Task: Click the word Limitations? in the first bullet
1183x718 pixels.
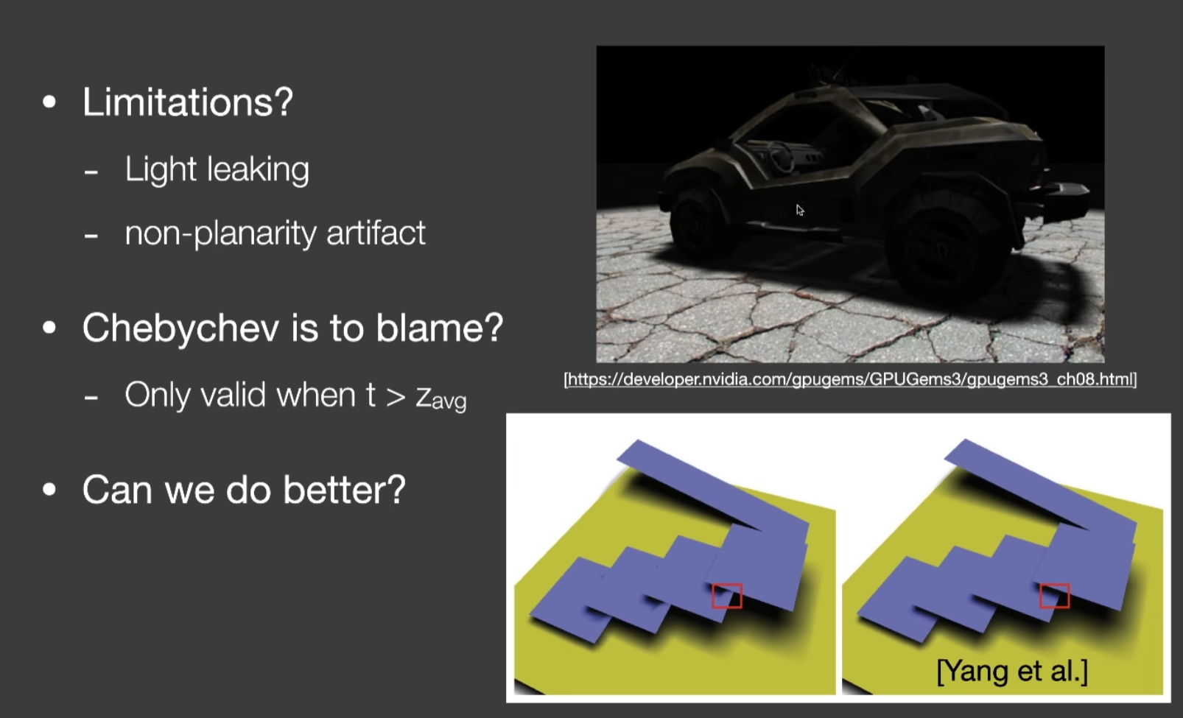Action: pos(188,102)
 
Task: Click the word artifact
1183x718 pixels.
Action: pos(376,233)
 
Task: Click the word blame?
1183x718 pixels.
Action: pos(440,327)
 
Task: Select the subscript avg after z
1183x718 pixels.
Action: pos(449,402)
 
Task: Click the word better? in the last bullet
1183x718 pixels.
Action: pos(344,490)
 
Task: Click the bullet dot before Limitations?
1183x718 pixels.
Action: pos(49,102)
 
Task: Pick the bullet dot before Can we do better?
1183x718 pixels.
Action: pos(49,490)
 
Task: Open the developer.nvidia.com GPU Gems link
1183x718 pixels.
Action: pos(850,379)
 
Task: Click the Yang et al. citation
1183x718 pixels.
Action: pos(1012,671)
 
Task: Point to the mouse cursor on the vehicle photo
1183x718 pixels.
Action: pos(799,210)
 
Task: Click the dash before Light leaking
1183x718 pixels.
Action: pos(91,172)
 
